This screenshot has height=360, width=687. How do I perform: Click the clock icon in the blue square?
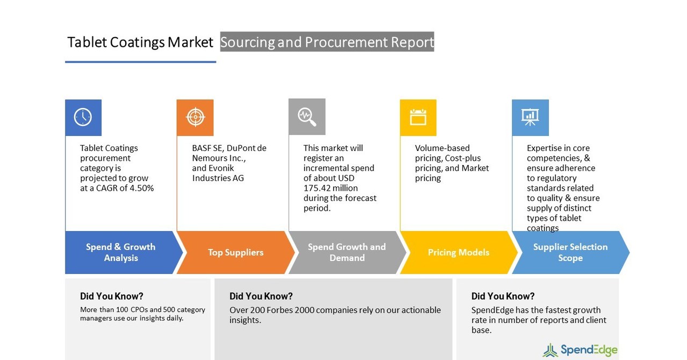pyautogui.click(x=83, y=117)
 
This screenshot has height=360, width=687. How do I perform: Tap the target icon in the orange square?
pyautogui.click(x=195, y=117)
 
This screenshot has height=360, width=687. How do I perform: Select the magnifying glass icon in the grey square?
pyautogui.click(x=307, y=117)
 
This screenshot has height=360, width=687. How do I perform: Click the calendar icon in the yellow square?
pyautogui.click(x=418, y=117)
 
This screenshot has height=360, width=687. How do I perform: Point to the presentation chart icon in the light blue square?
pyautogui.click(x=530, y=117)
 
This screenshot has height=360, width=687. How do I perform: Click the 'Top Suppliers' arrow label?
pyautogui.click(x=235, y=253)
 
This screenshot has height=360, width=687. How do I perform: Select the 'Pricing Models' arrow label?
pyautogui.click(x=458, y=253)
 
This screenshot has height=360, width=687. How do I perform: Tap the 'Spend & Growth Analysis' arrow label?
pyautogui.click(x=121, y=253)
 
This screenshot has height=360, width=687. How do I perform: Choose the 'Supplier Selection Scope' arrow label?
pyautogui.click(x=570, y=253)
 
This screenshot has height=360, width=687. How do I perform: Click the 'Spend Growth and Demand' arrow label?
pyautogui.click(x=346, y=253)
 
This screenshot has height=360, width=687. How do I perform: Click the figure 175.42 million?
pyautogui.click(x=331, y=188)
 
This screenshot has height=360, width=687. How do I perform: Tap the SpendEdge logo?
pyautogui.click(x=580, y=350)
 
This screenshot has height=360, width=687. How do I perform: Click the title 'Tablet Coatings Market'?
pyautogui.click(x=140, y=42)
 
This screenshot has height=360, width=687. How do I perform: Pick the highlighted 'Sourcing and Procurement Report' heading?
pyautogui.click(x=327, y=42)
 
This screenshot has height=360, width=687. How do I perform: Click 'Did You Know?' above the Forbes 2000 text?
pyautogui.click(x=261, y=296)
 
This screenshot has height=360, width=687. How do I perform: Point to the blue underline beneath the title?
pyautogui.click(x=140, y=62)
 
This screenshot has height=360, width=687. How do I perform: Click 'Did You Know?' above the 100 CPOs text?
pyautogui.click(x=112, y=296)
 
